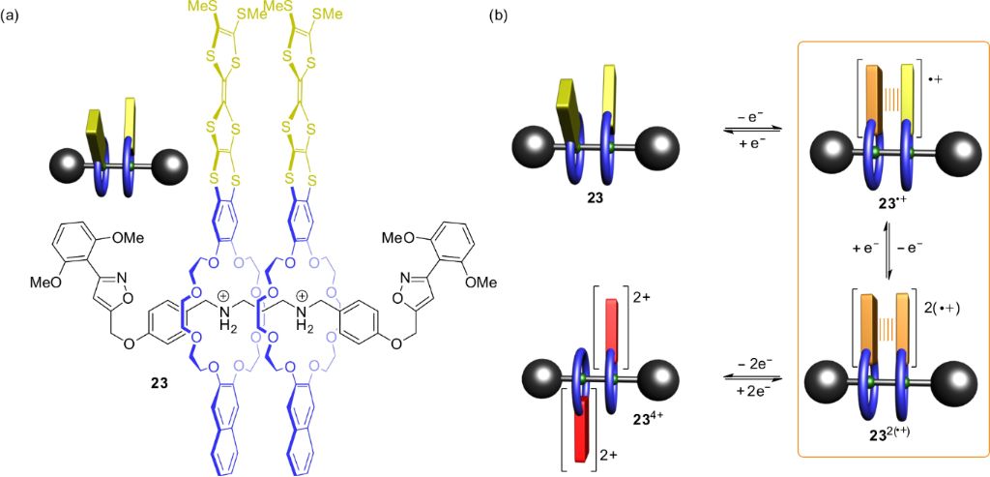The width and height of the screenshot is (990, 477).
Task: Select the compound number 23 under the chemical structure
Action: pos(159,384)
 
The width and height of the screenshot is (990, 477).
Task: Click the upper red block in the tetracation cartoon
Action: pos(610,332)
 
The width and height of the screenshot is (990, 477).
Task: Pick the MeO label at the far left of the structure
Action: pos(52,282)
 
